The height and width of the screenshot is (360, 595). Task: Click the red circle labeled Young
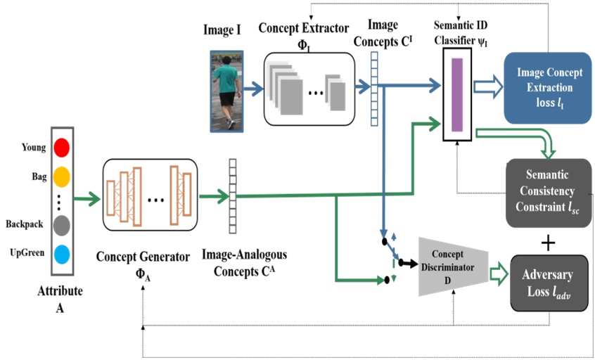click(x=62, y=148)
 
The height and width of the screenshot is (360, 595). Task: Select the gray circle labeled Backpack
click(x=62, y=225)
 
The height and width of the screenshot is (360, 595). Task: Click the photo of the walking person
click(x=228, y=91)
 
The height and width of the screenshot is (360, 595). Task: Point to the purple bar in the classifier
click(x=456, y=94)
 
